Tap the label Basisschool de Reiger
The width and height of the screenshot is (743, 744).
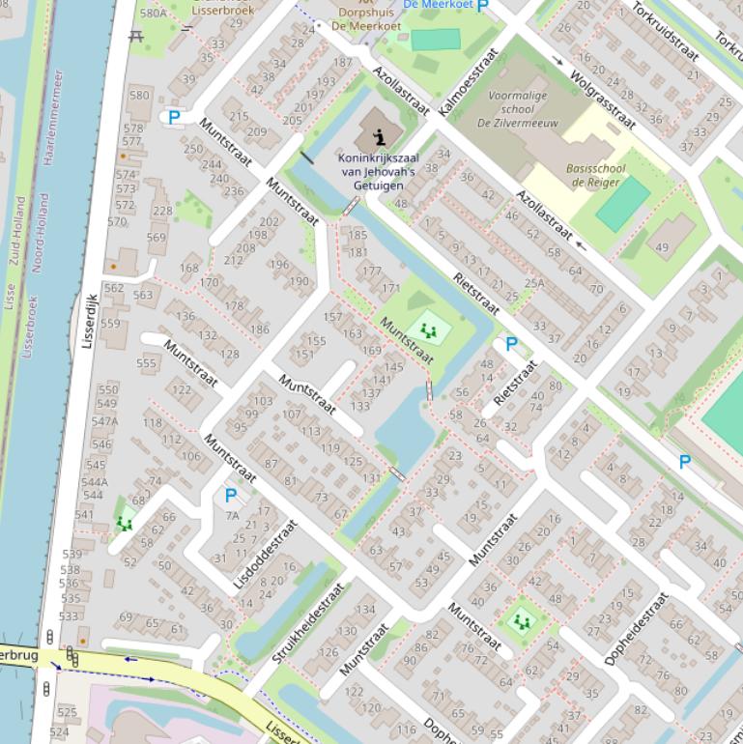tap(597, 175)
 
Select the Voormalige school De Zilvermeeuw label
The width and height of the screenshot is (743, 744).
tap(517, 109)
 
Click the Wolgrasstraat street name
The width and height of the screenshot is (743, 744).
tap(602, 99)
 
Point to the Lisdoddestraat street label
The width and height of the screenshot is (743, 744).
tap(265, 555)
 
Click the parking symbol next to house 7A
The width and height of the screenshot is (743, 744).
tap(230, 496)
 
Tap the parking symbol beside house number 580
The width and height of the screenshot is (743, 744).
tap(174, 117)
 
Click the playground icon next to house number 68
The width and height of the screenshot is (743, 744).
tap(124, 523)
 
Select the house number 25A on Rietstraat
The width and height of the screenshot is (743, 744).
tap(534, 283)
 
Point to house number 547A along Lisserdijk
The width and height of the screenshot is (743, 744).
tap(104, 421)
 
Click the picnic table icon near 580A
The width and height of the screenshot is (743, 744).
tap(134, 36)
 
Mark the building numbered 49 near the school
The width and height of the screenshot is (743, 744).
tap(662, 247)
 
